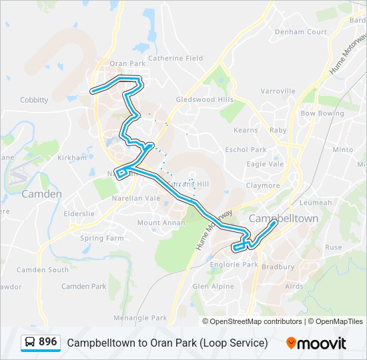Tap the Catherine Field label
(x=175, y=58)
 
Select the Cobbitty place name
(x=34, y=100)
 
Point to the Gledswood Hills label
(x=204, y=99)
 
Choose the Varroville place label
(x=278, y=91)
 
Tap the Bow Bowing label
(x=322, y=113)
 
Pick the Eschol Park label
(x=246, y=150)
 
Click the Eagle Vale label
(x=265, y=164)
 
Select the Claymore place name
(x=263, y=185)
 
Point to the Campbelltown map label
(x=284, y=218)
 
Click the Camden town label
(x=41, y=194)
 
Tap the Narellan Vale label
(x=140, y=198)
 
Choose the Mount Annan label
(x=159, y=223)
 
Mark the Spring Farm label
(x=101, y=238)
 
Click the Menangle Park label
(x=140, y=318)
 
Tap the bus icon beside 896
(x=30, y=343)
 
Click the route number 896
(x=48, y=342)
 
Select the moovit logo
(x=316, y=343)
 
